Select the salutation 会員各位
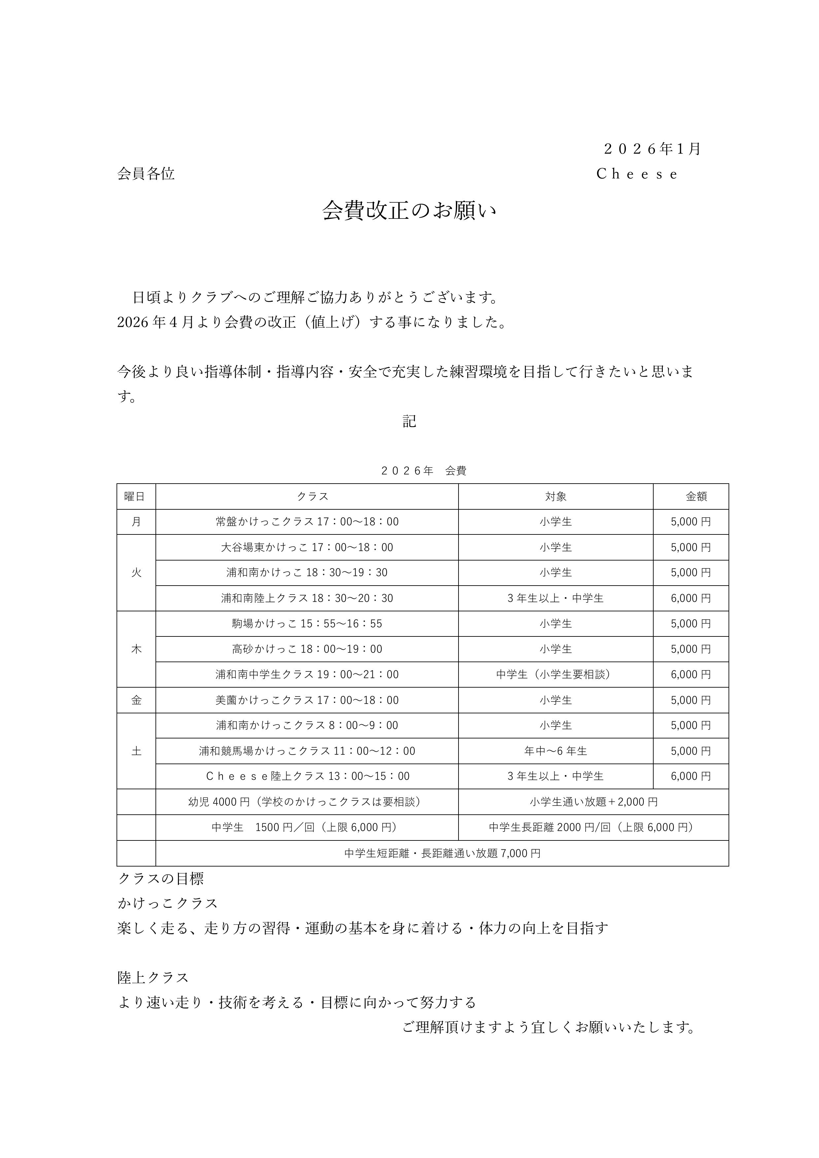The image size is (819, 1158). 146,174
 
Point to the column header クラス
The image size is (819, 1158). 312,496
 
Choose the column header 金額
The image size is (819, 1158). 696,496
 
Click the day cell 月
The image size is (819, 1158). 136,522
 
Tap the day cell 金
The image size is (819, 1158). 136,700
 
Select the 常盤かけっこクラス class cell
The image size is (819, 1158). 307,522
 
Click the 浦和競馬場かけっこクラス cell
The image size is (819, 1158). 307,751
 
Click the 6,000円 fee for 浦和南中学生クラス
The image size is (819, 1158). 690,674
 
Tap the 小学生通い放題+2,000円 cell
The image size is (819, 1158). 593,802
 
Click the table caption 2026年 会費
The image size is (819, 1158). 423,471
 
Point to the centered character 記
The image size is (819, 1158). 409,421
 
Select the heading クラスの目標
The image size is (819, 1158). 160,879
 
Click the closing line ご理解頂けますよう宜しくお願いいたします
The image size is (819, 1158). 549,1027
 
